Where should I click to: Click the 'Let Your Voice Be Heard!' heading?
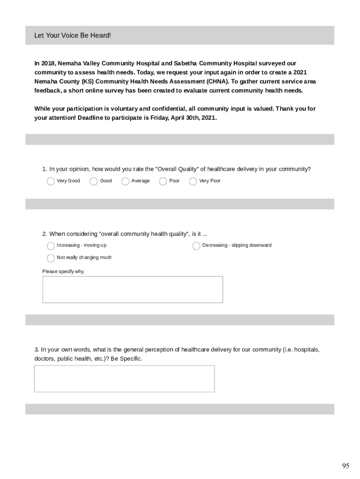tap(72, 36)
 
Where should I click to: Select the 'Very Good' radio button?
tap(50, 181)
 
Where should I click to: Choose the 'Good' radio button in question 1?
tap(94, 181)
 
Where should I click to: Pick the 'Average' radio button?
tap(125, 181)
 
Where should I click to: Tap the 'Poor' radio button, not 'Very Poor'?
tap(163, 181)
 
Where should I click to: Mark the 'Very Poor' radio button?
tap(193, 181)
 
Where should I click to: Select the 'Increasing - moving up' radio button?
tap(50, 246)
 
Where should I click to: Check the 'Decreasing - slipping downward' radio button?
tap(196, 246)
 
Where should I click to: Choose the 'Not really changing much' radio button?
tap(50, 258)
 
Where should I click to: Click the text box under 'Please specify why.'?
tap(132, 290)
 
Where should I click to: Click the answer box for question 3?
tap(124, 378)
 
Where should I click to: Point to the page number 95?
tap(346, 465)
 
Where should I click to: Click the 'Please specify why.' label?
tap(64, 271)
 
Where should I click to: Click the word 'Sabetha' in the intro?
tap(186, 63)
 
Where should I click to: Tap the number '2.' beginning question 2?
tap(45, 234)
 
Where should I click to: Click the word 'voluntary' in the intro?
tap(121, 109)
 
